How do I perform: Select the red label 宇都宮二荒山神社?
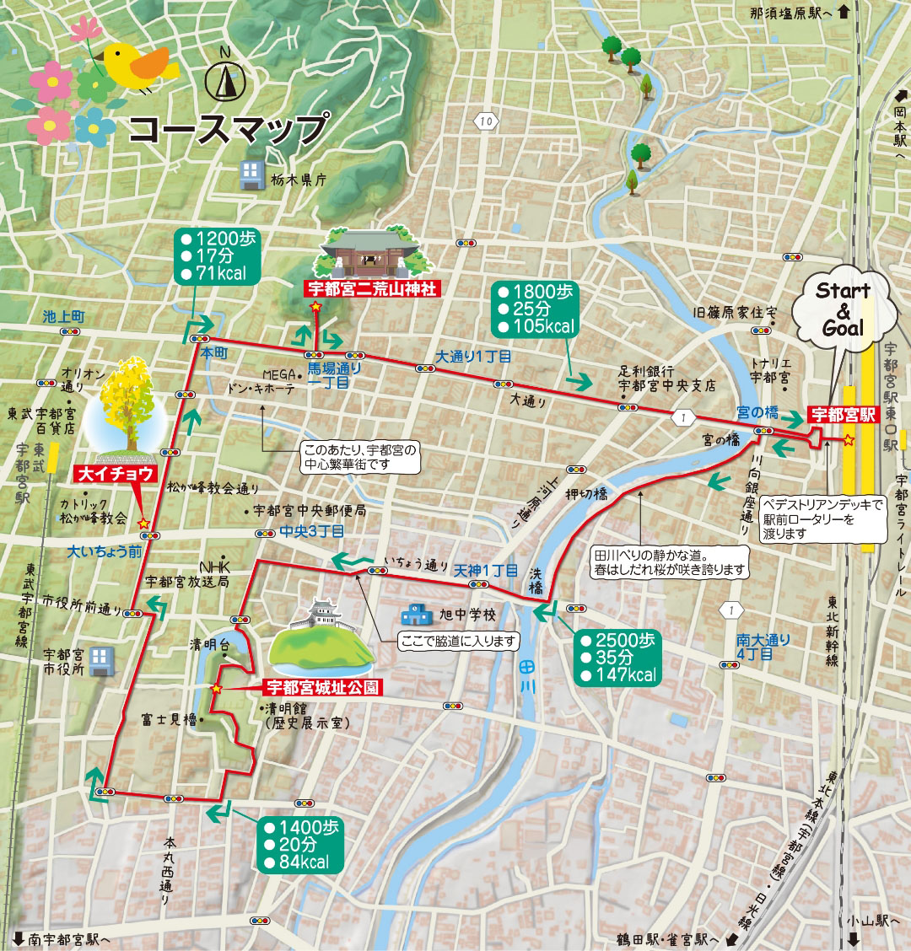tap(371, 289)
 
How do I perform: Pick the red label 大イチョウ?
tap(117, 474)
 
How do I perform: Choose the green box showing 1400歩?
tap(301, 844)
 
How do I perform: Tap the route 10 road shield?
tap(484, 121)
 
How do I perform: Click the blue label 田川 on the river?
tap(527, 674)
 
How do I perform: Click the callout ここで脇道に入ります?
tap(459, 642)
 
